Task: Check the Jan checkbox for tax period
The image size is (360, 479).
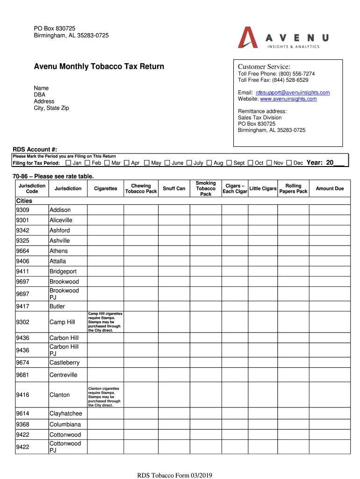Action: pyautogui.click(x=69, y=163)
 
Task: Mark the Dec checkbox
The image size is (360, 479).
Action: pyautogui.click(x=289, y=163)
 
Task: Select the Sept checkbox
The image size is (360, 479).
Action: pyautogui.click(x=229, y=163)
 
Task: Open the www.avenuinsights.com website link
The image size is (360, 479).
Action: pyautogui.click(x=288, y=99)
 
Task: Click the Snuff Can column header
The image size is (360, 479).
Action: pyautogui.click(x=174, y=189)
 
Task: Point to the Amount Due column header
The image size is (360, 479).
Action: pyautogui.click(x=330, y=189)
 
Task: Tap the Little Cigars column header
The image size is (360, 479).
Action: pyautogui.click(x=263, y=189)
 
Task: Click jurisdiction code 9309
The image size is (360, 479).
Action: pyautogui.click(x=22, y=210)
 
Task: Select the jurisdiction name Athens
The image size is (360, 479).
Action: pyautogui.click(x=58, y=251)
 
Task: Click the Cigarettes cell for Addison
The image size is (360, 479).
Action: pyautogui.click(x=105, y=210)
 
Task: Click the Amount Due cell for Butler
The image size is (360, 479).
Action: pyautogui.click(x=330, y=306)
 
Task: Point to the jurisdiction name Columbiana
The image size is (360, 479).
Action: pyautogui.click(x=65, y=425)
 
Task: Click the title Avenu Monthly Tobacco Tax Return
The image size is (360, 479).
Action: pyautogui.click(x=99, y=66)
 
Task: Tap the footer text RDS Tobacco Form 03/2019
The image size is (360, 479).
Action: pyautogui.click(x=174, y=476)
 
